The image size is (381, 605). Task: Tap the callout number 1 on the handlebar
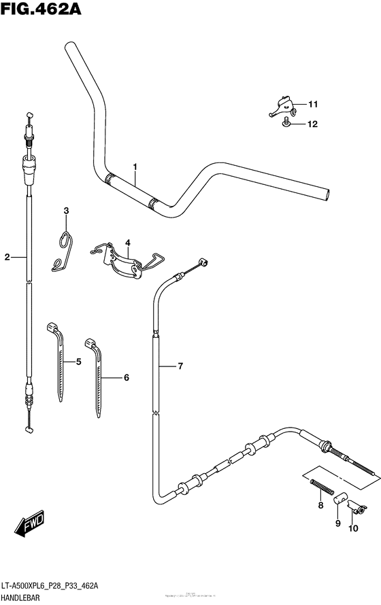[135, 167]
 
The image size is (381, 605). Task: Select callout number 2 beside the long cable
[7, 257]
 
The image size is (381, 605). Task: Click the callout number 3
[66, 211]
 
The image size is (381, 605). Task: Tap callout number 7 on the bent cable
[180, 367]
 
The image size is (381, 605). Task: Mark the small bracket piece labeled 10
[355, 506]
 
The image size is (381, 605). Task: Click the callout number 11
[312, 105]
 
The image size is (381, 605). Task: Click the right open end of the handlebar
[328, 194]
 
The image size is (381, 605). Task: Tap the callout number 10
[353, 528]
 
